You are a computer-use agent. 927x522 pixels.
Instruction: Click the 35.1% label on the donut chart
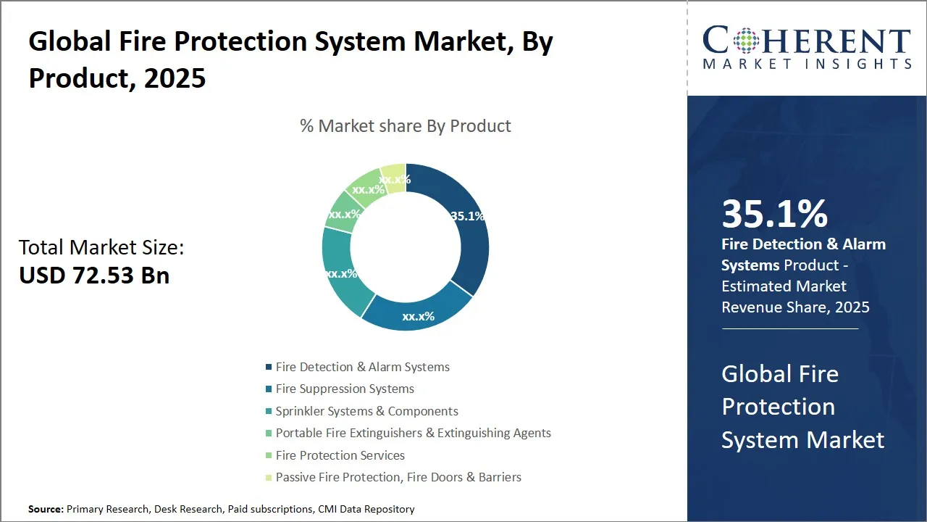click(x=467, y=216)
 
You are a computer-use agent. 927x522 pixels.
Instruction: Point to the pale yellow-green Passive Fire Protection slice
click(x=394, y=176)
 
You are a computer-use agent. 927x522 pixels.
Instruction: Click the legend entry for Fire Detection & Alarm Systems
click(x=362, y=367)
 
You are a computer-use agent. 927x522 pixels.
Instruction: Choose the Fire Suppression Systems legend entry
click(x=345, y=389)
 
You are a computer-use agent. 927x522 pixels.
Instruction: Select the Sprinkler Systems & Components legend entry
click(x=366, y=411)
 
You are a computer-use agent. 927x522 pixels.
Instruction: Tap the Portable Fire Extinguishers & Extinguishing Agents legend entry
click(x=413, y=433)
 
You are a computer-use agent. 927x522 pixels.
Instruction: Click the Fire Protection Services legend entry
click(x=340, y=455)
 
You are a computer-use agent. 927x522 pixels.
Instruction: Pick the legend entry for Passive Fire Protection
click(x=398, y=477)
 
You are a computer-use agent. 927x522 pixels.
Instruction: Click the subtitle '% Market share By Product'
click(x=406, y=126)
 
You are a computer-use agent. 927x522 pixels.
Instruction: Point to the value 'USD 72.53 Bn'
click(x=94, y=275)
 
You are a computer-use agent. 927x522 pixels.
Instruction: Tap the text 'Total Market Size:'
click(x=101, y=248)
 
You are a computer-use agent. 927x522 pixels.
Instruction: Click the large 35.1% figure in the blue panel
click(x=774, y=214)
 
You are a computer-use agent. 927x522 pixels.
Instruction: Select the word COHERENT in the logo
click(x=807, y=41)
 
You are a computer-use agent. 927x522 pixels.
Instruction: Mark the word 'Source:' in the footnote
click(x=46, y=510)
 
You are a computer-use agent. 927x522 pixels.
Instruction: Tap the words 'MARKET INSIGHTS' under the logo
click(x=807, y=65)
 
